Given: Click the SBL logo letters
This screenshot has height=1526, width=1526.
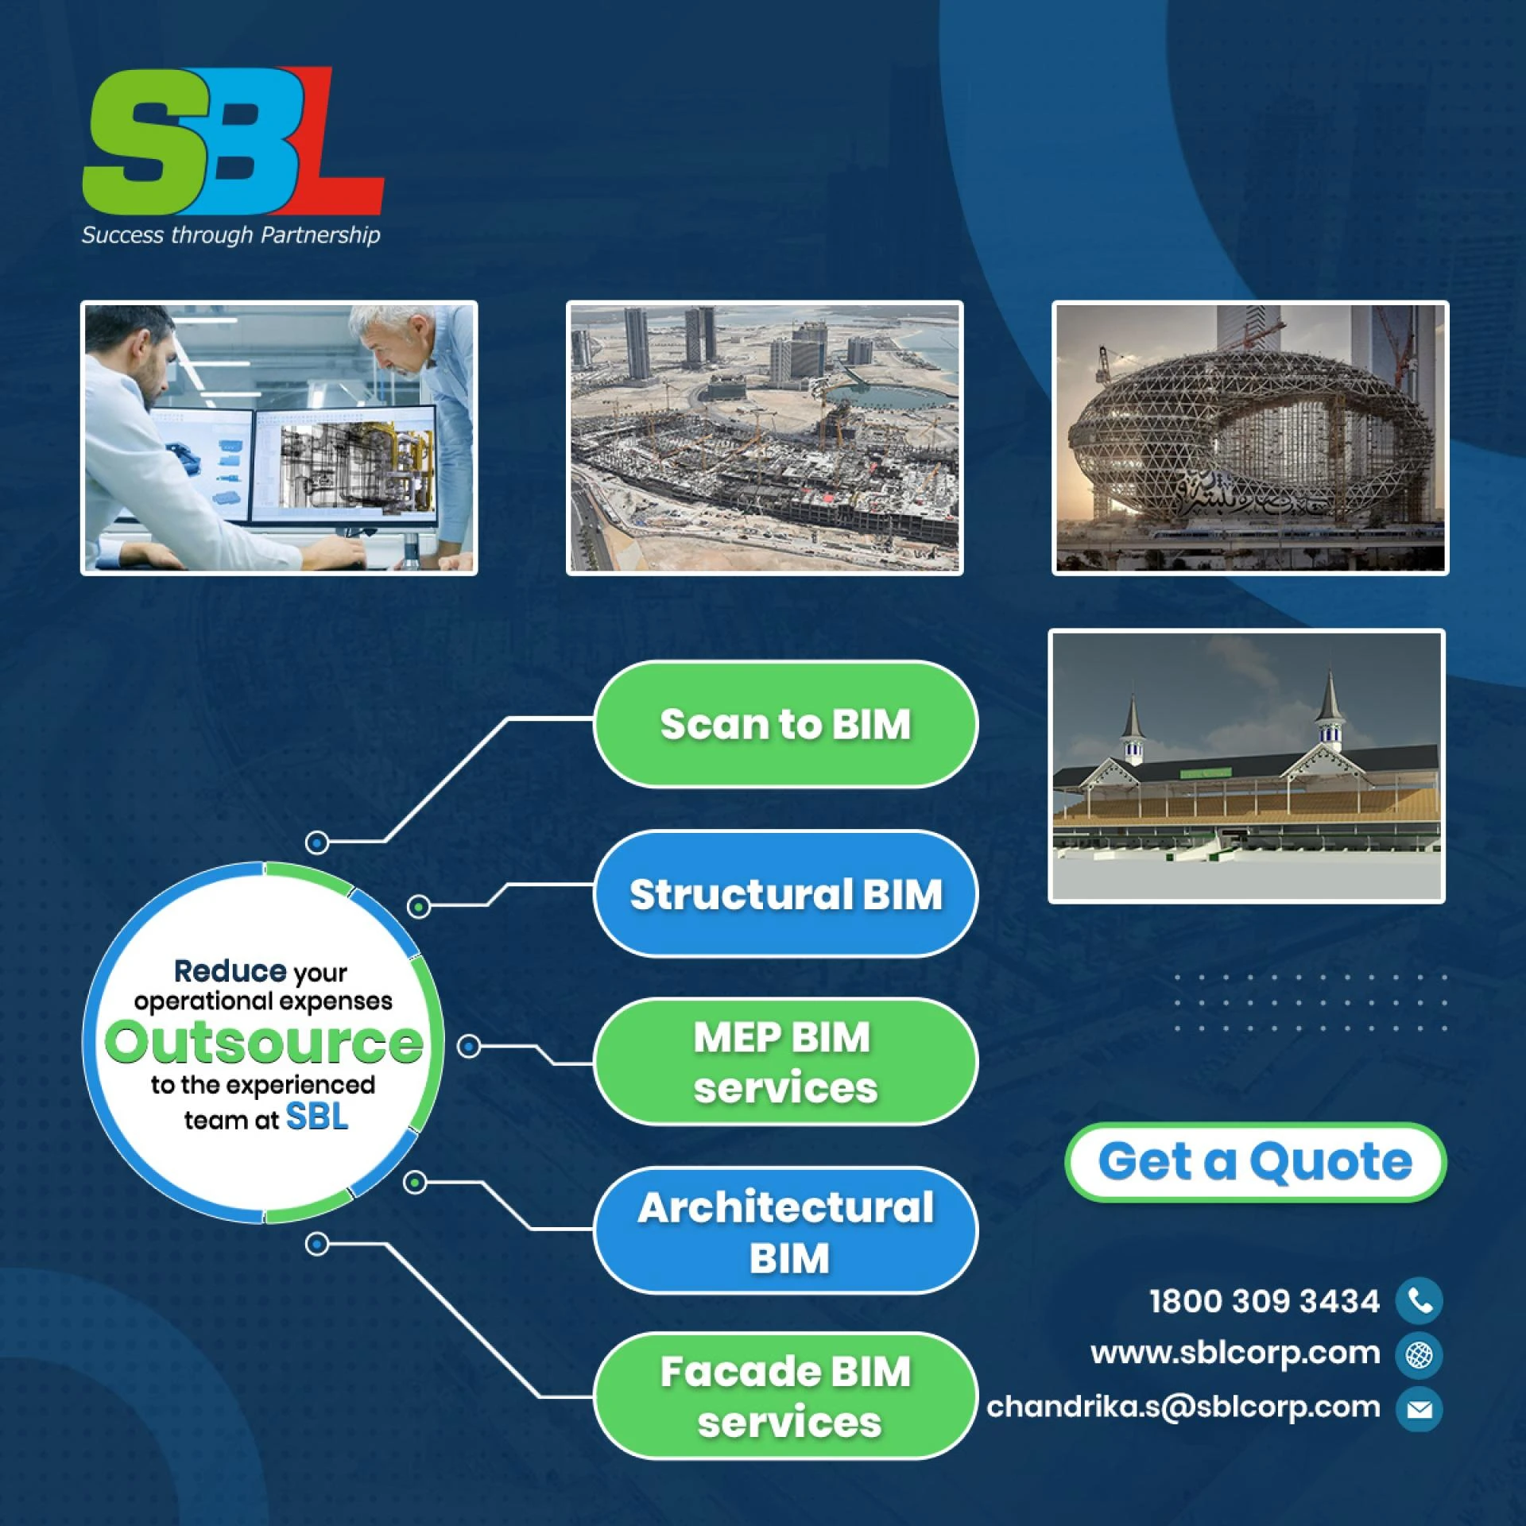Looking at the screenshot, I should [x=233, y=141].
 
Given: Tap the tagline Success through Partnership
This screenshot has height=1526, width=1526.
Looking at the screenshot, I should [x=230, y=235].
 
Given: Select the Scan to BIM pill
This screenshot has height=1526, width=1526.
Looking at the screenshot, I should [x=785, y=724].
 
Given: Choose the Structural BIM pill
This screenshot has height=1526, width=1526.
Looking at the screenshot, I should [x=785, y=894].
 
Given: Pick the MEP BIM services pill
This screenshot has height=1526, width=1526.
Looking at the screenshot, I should [x=785, y=1062].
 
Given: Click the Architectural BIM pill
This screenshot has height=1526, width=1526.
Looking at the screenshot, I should [x=785, y=1231].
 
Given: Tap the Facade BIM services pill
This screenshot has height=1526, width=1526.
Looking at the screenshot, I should [x=785, y=1396].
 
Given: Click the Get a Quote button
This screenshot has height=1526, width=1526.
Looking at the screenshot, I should [x=1255, y=1162].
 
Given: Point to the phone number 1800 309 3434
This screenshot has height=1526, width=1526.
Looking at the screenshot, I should [x=1264, y=1301].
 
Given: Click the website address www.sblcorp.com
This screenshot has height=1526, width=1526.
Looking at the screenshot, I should [x=1235, y=1353].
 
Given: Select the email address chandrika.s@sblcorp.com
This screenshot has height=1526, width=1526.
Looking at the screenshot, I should [x=1183, y=1407].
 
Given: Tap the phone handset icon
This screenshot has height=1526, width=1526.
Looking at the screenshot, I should [x=1419, y=1301].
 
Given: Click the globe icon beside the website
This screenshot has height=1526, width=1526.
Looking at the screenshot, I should [x=1419, y=1354].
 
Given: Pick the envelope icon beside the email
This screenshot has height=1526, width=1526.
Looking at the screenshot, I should [x=1419, y=1409].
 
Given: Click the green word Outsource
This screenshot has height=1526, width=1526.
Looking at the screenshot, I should [x=263, y=1043].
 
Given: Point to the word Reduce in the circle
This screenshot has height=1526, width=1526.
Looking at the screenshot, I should [x=230, y=971].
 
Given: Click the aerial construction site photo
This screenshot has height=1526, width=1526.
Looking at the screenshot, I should [x=765, y=438].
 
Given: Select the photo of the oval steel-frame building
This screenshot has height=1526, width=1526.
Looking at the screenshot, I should [x=1250, y=438].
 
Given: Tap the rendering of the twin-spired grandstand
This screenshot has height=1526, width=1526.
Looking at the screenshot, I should [x=1246, y=766].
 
